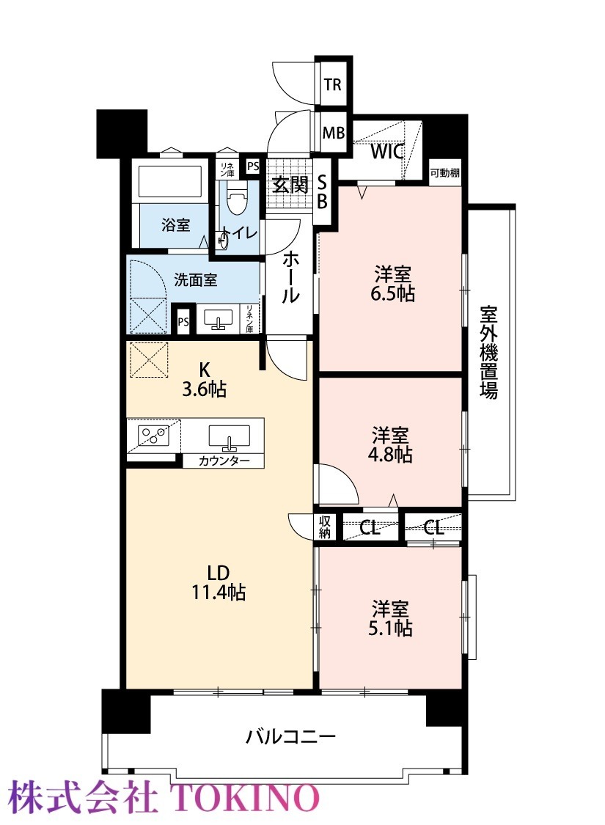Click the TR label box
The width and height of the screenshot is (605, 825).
(332, 84)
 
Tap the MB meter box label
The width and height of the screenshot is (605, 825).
(333, 133)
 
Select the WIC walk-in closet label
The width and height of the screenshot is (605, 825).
(387, 152)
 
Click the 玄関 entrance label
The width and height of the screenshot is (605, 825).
(290, 185)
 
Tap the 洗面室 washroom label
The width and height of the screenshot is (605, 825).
(195, 279)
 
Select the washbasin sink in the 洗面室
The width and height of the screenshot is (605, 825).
(218, 319)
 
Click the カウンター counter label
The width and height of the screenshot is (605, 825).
(224, 461)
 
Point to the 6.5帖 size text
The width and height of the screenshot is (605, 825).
(392, 293)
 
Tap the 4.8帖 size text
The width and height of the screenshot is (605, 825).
(390, 454)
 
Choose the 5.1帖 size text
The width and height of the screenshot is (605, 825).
(390, 628)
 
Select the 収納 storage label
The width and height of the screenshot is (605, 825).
(325, 527)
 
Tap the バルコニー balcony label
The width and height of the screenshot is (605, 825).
(290, 736)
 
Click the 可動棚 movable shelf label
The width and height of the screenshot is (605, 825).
(445, 172)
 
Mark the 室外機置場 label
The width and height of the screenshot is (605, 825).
(488, 353)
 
